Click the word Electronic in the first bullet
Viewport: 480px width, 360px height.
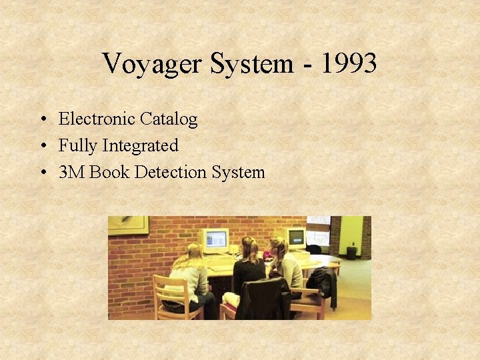pyautogui.click(x=97, y=119)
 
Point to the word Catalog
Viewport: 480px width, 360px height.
pyautogui.click(x=169, y=119)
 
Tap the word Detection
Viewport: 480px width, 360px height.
pyautogui.click(x=170, y=172)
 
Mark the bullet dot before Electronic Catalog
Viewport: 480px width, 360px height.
pyautogui.click(x=42, y=120)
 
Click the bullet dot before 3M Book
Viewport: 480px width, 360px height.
pyautogui.click(x=42, y=173)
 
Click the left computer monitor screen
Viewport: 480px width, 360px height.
pyautogui.click(x=215, y=239)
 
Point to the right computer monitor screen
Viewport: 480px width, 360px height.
pyautogui.click(x=295, y=237)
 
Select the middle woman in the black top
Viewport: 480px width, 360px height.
pyautogui.click(x=249, y=267)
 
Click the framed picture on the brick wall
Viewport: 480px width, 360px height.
pyautogui.click(x=128, y=225)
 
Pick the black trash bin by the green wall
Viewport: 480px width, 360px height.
pyautogui.click(x=351, y=252)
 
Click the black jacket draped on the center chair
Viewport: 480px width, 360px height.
pyautogui.click(x=265, y=298)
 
